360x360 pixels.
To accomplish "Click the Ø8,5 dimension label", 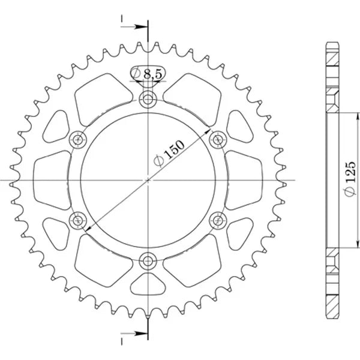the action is pos(147,74).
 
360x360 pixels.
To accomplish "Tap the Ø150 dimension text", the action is pos(169,153).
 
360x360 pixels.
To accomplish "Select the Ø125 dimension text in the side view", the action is pos(350,179).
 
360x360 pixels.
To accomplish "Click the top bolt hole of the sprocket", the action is pos(148,100).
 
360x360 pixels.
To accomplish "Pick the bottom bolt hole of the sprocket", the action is pos(148,261).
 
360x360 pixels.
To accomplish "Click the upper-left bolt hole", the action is pos(78,140).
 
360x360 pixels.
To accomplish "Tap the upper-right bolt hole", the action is pos(218,140).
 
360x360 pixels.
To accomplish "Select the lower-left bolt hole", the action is pos(78,221).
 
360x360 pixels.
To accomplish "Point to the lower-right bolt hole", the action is pos(218,221).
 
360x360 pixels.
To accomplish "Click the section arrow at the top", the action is pos(134,27).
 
